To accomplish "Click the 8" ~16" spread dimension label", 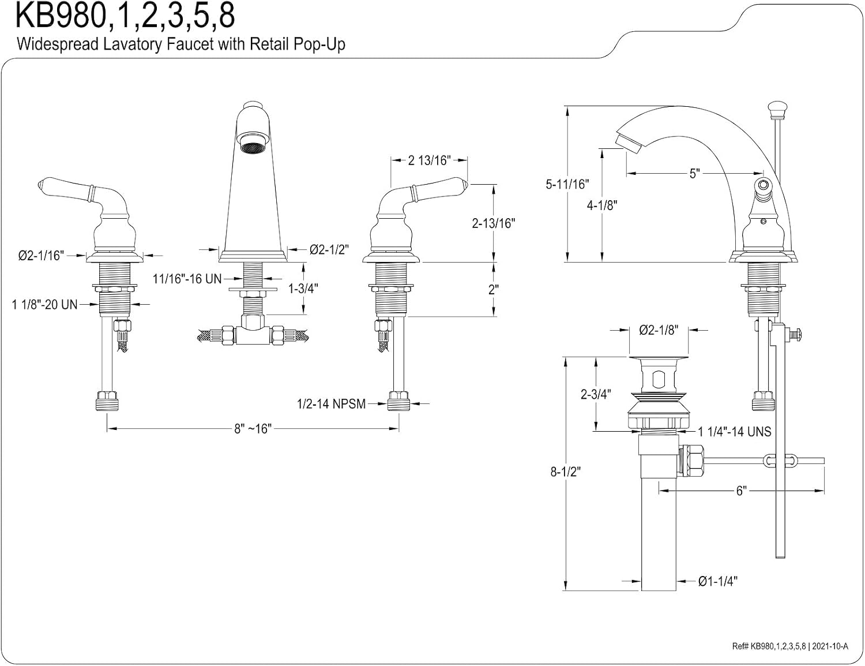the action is click(253, 429).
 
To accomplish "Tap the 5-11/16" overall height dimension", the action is click(567, 184).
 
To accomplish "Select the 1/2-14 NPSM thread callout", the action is click(331, 404).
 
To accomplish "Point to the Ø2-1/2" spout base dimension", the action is click(329, 250).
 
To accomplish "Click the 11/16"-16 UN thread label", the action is click(187, 279).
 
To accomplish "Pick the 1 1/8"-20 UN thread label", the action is click(44, 305).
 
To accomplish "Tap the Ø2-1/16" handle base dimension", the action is click(41, 255).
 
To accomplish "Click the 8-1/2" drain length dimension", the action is click(566, 472).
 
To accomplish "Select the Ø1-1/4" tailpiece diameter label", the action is click(718, 582).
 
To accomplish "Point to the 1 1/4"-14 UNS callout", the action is click(735, 431).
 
